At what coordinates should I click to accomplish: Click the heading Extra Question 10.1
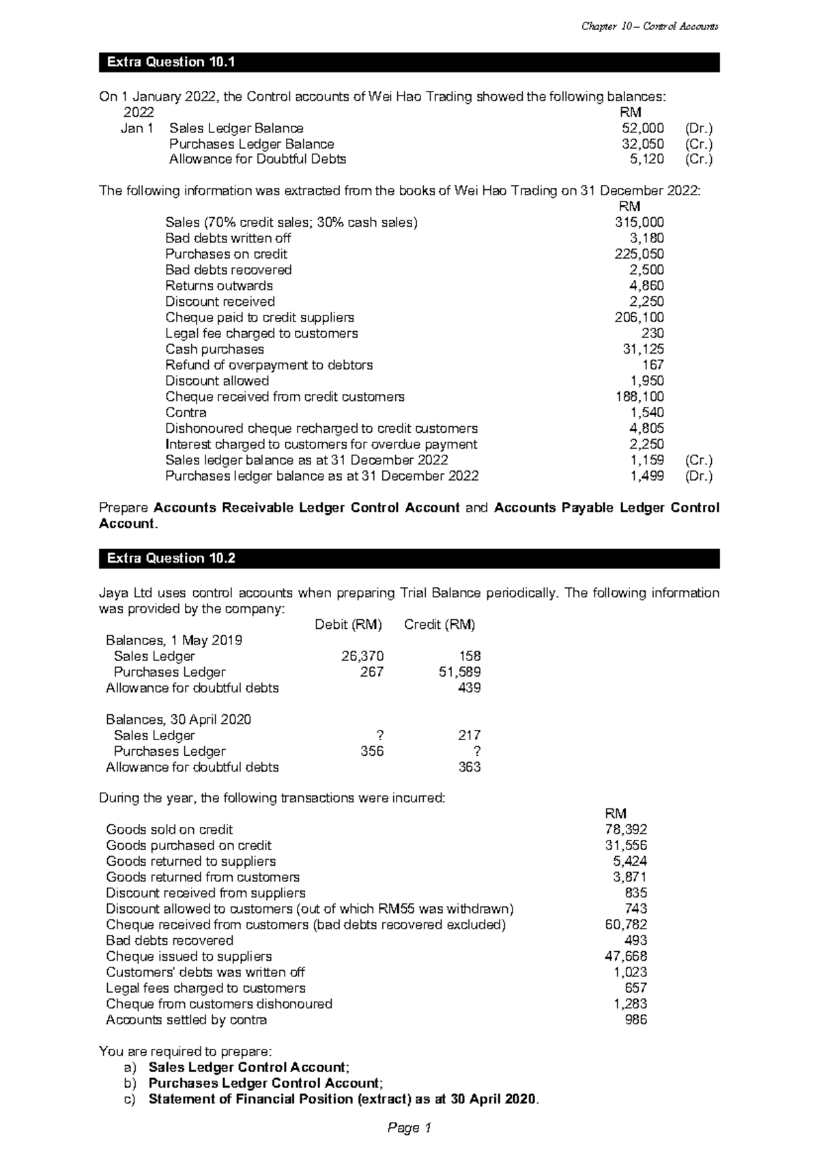[x=171, y=62]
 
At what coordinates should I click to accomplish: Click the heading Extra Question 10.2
[x=171, y=558]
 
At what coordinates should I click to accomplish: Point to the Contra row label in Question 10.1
[x=186, y=412]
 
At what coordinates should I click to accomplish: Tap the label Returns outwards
[x=218, y=285]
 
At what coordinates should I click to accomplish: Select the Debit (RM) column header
[x=347, y=624]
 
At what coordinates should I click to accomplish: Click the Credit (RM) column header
[x=440, y=624]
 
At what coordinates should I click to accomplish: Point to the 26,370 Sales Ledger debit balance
[x=362, y=656]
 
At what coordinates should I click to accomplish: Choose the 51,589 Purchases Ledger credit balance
[x=459, y=672]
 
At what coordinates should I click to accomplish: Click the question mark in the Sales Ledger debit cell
[x=379, y=735]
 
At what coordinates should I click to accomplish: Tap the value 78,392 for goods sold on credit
[x=626, y=829]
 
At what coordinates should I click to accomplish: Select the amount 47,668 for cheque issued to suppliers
[x=626, y=956]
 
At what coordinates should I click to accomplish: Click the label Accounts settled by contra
[x=186, y=1019]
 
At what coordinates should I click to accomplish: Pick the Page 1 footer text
[x=409, y=1128]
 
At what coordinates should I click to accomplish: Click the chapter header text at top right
[x=649, y=27]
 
